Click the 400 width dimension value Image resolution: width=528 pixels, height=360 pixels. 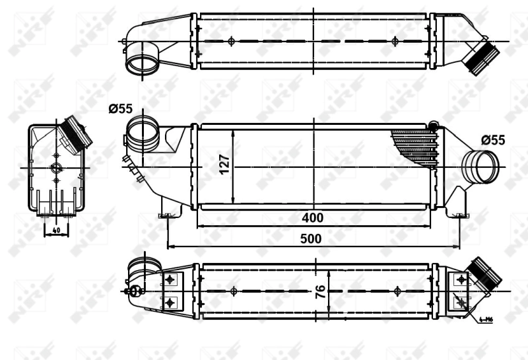pyautogui.click(x=313, y=217)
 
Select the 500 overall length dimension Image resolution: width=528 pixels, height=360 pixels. pyautogui.click(x=313, y=239)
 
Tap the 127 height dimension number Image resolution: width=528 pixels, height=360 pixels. pyautogui.click(x=224, y=164)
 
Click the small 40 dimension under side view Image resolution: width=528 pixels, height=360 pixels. pyautogui.click(x=55, y=230)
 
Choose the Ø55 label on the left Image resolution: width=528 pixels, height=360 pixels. pyautogui.click(x=121, y=109)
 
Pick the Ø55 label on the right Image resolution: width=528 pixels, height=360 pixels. pyautogui.click(x=492, y=140)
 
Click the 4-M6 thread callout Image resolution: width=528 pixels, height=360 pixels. pyautogui.click(x=486, y=320)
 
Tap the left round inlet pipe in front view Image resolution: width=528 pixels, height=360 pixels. pyautogui.click(x=143, y=133)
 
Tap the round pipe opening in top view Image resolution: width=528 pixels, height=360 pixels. pyautogui.click(x=141, y=64)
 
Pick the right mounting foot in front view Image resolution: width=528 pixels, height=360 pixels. pyautogui.click(x=458, y=213)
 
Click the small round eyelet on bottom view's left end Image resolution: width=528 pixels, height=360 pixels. pyautogui.click(x=134, y=290)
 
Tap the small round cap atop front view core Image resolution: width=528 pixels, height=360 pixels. pyautogui.click(x=434, y=126)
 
